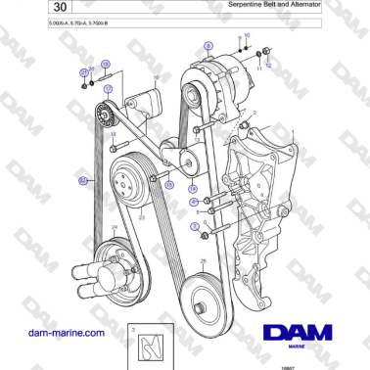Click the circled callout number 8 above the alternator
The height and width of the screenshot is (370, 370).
point(207,46)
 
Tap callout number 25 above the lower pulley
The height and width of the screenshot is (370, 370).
point(203,261)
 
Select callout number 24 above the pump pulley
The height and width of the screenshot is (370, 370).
point(115,228)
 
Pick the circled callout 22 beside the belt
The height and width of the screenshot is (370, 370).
point(83,180)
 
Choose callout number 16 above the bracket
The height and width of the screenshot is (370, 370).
point(156,76)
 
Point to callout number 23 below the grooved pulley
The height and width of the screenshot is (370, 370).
point(142,217)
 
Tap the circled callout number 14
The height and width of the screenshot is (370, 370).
point(193,187)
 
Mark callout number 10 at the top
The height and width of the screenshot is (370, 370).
point(247,34)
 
